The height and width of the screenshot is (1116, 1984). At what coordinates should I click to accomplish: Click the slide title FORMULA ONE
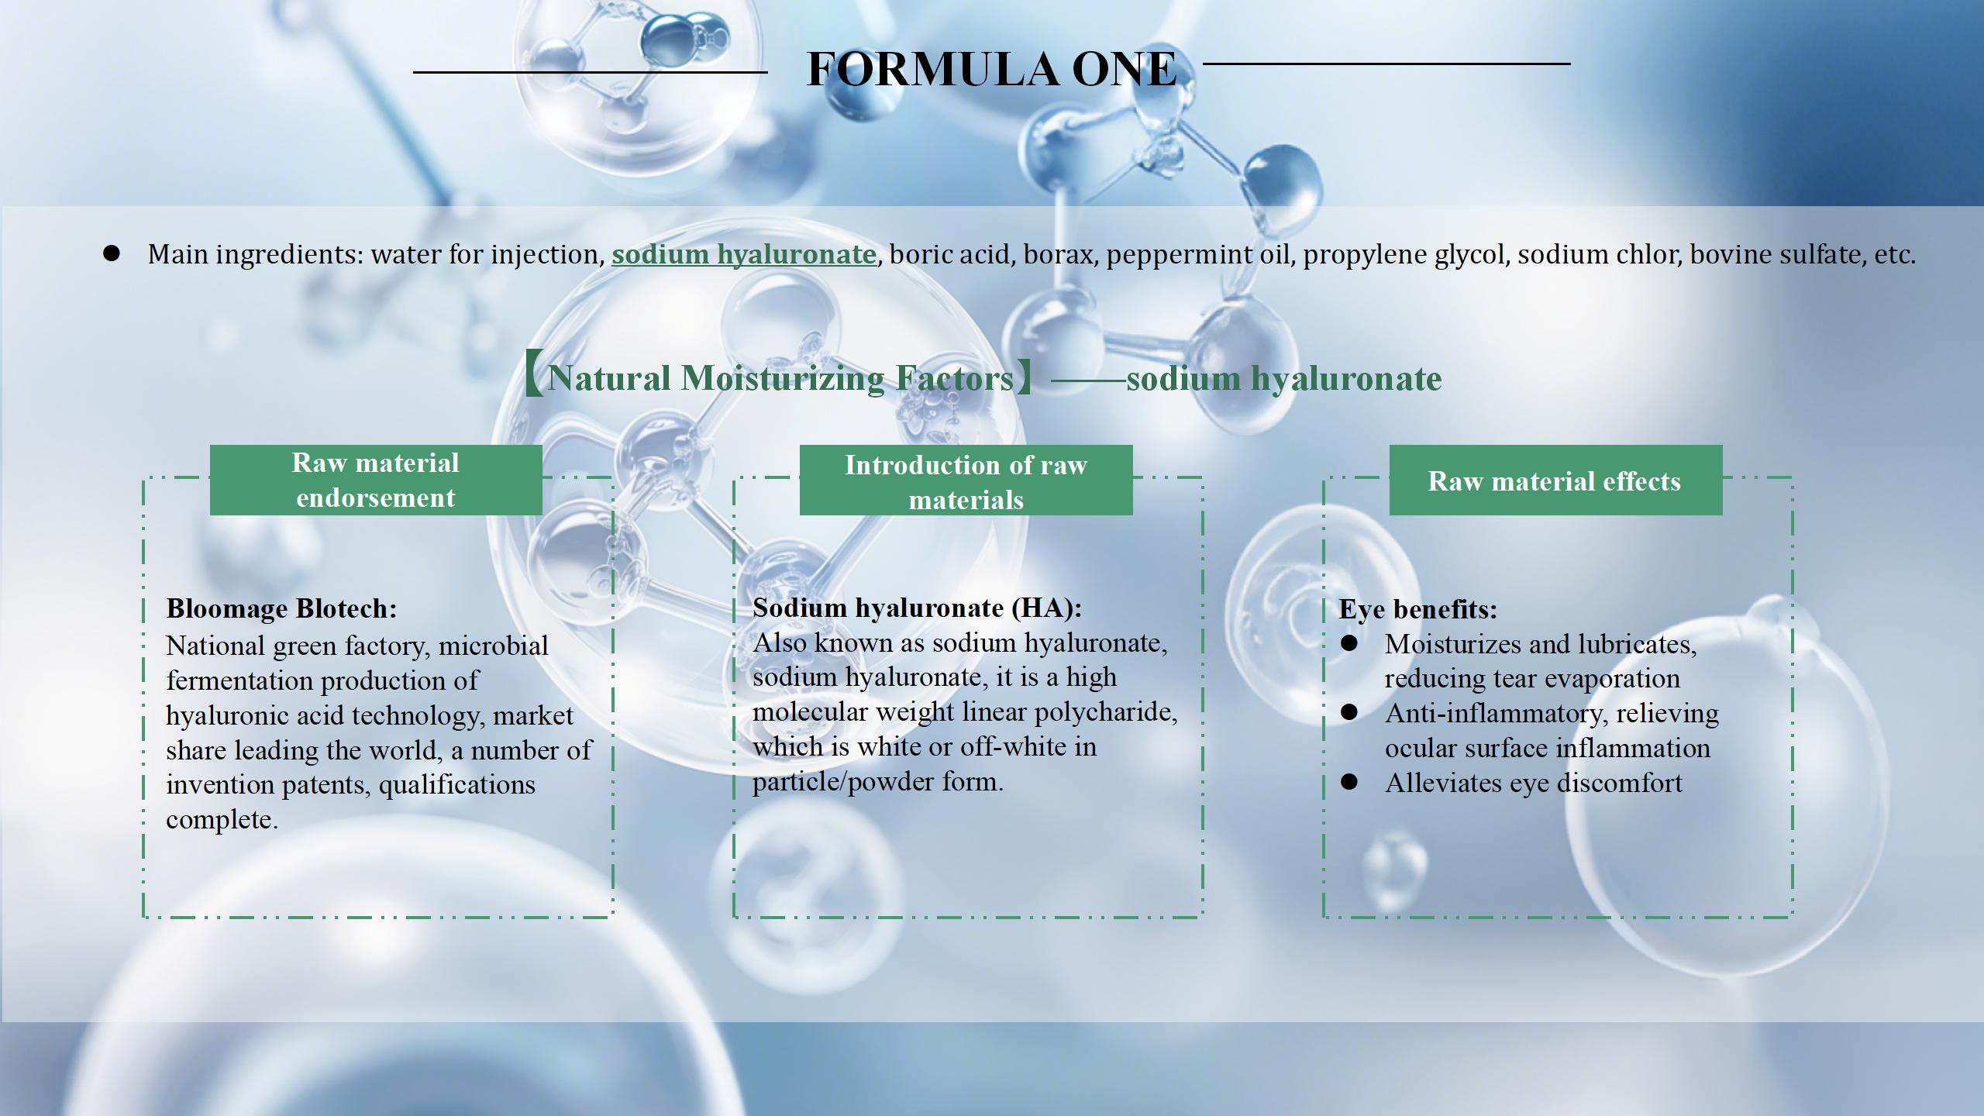(991, 68)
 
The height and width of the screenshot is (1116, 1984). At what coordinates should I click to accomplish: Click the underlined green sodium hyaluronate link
(744, 254)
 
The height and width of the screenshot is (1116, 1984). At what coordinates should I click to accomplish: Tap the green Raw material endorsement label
(376, 480)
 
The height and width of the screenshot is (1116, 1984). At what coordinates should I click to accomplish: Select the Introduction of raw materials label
(966, 480)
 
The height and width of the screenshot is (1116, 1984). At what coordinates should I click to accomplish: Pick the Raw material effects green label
(1555, 480)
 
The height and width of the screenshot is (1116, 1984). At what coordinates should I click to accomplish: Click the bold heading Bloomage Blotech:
(281, 608)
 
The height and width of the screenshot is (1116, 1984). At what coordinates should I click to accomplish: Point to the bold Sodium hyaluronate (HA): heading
(918, 608)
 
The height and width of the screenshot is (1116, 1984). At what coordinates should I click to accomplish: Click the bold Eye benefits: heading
(1418, 609)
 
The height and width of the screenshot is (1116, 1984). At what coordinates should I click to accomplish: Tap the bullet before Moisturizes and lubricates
(1349, 643)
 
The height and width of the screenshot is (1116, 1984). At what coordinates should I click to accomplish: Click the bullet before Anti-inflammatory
(1349, 712)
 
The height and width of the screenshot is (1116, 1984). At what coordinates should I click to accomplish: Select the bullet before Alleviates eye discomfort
(1349, 782)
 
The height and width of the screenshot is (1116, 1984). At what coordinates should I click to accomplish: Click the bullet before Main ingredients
(112, 253)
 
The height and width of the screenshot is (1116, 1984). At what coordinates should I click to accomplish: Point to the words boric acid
(952, 254)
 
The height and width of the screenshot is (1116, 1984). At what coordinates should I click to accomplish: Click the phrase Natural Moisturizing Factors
(780, 378)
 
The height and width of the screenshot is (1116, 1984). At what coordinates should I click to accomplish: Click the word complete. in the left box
(222, 820)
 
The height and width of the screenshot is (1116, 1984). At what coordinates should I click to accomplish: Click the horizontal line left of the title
(591, 72)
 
